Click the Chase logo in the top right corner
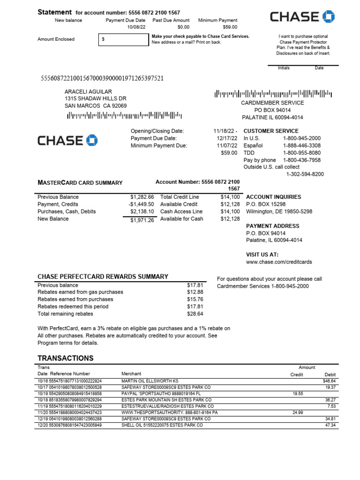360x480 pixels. click(x=302, y=17)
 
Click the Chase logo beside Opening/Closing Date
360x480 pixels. click(x=67, y=140)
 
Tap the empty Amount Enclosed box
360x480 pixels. click(x=123, y=40)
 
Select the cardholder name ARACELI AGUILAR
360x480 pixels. click(x=88, y=91)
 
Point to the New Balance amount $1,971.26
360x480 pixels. click(x=142, y=220)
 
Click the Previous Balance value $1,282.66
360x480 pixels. click(x=142, y=197)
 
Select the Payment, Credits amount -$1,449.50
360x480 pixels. click(x=141, y=204)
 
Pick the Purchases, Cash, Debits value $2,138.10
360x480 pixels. click(x=142, y=212)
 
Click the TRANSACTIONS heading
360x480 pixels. click(x=65, y=358)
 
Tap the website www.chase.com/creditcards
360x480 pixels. click(x=279, y=262)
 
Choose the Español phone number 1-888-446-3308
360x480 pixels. click(x=302, y=146)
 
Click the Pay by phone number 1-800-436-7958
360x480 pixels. click(x=302, y=160)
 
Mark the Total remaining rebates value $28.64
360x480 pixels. click(x=195, y=314)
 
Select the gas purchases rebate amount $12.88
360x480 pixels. click(x=195, y=292)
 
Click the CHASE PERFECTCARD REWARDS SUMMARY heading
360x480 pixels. click(x=103, y=277)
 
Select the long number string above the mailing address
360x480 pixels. click(x=103, y=78)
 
